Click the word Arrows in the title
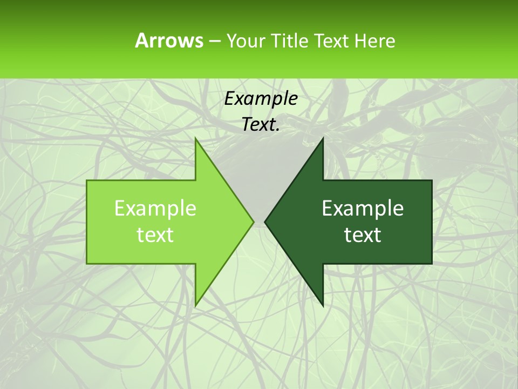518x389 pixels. [x=169, y=41]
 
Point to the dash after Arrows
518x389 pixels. [x=214, y=41]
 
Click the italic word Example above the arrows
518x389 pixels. [x=261, y=98]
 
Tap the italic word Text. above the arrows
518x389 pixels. [x=261, y=125]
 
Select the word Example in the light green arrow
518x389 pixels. [x=155, y=209]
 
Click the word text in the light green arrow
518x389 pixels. [x=155, y=235]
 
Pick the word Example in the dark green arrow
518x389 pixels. [x=363, y=209]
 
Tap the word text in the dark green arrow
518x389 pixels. [x=363, y=235]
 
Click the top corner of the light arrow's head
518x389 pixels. [x=196, y=139]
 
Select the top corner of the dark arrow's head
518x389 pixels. [x=323, y=139]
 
